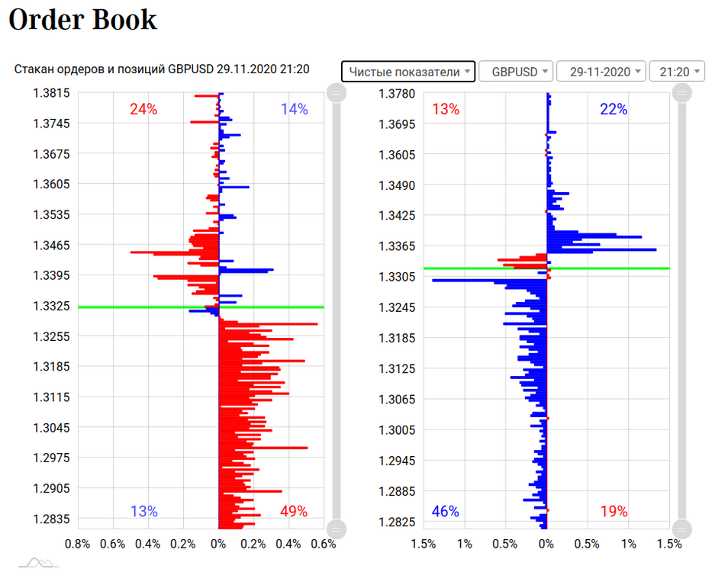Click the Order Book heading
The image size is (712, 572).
pyautogui.click(x=82, y=20)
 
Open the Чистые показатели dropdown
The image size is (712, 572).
pyautogui.click(x=408, y=72)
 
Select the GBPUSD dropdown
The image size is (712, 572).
pyautogui.click(x=516, y=72)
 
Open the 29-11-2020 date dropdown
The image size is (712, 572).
pyautogui.click(x=601, y=72)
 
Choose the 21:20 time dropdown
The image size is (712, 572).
pyautogui.click(x=677, y=72)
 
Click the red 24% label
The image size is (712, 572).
pyautogui.click(x=143, y=109)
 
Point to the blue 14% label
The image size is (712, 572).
pyautogui.click(x=295, y=109)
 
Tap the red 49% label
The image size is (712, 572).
pyautogui.click(x=294, y=511)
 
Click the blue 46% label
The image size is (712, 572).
pyautogui.click(x=446, y=511)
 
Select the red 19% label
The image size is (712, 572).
pyautogui.click(x=614, y=511)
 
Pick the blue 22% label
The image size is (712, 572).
pyautogui.click(x=614, y=109)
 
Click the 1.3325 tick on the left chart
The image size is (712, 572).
pyautogui.click(x=51, y=306)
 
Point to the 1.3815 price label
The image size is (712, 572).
pyautogui.click(x=51, y=93)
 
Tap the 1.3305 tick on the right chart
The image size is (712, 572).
pyautogui.click(x=397, y=276)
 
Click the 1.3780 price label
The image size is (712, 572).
pyautogui.click(x=397, y=94)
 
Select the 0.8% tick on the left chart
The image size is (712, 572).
pyautogui.click(x=78, y=544)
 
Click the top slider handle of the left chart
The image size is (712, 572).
pyautogui.click(x=337, y=93)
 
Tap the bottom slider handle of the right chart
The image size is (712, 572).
pyautogui.click(x=682, y=529)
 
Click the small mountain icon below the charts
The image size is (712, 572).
pyautogui.click(x=39, y=563)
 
